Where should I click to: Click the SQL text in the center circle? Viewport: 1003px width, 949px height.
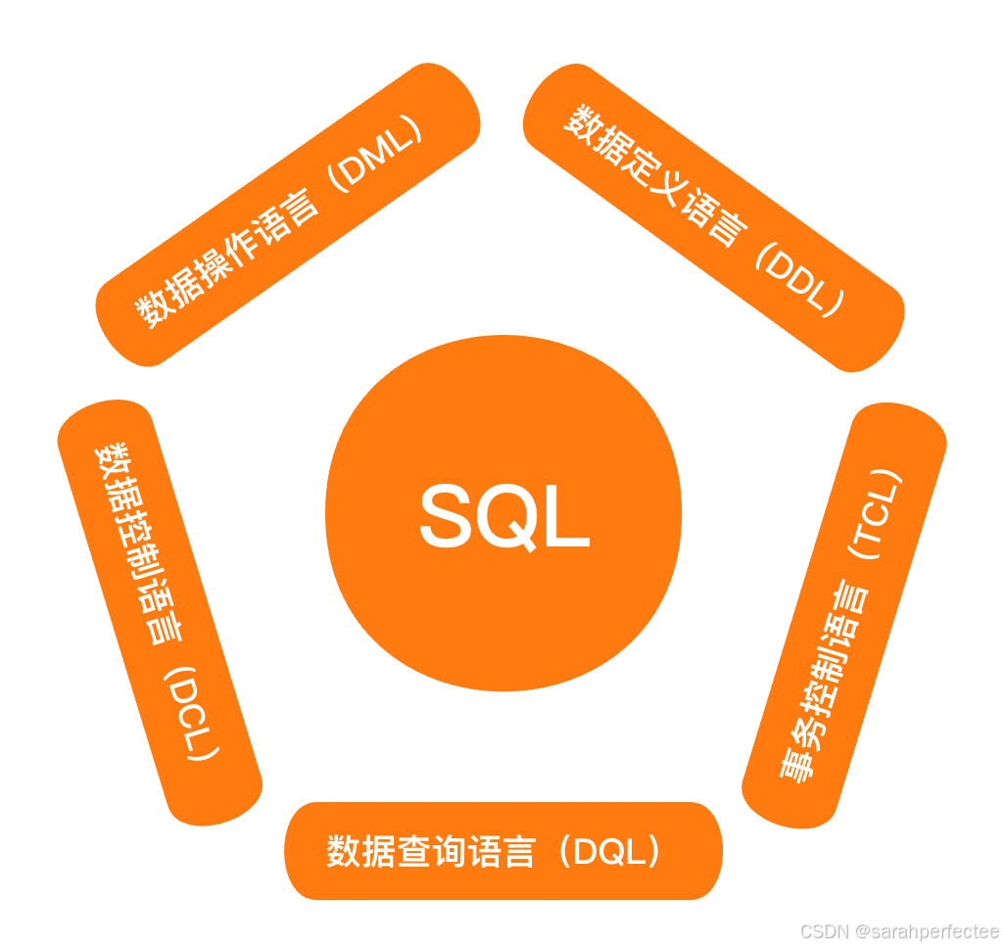[x=503, y=516]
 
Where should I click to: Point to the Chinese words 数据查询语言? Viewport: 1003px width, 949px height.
[x=431, y=851]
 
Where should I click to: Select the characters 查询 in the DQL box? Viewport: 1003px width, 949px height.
[x=432, y=851]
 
